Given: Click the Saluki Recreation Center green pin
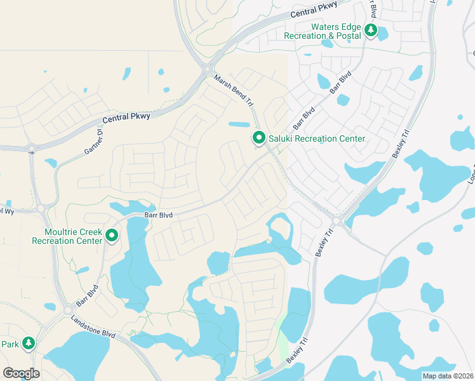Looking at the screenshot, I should [x=258, y=137].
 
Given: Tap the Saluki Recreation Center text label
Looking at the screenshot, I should [x=316, y=138].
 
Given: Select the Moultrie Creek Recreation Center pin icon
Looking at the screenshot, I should [x=112, y=236].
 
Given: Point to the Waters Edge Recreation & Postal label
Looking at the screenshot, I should [x=336, y=31].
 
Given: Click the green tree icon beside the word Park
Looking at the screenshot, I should [x=28, y=344].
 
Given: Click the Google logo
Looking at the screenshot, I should [x=21, y=373].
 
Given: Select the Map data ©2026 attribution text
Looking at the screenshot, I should [x=448, y=376].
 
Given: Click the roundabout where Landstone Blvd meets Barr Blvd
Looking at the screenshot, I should [x=68, y=311].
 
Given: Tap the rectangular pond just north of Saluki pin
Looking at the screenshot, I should [x=239, y=124].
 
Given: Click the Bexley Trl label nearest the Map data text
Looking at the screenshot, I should [x=297, y=350].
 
